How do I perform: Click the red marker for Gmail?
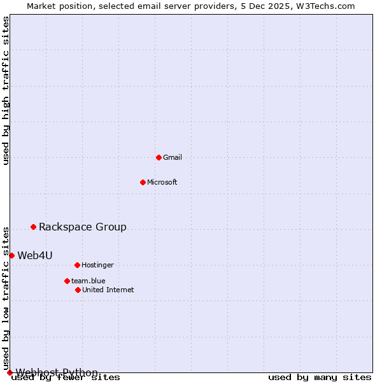click(x=159, y=157)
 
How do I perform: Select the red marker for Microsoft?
click(x=143, y=182)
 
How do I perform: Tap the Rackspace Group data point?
click(x=33, y=227)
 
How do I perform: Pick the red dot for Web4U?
click(x=11, y=255)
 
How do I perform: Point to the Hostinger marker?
click(x=77, y=265)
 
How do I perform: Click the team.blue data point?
click(x=67, y=281)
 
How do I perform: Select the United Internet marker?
click(x=78, y=290)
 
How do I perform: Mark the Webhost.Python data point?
click(x=10, y=372)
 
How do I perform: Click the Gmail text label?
click(x=173, y=157)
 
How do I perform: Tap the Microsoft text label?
click(x=162, y=182)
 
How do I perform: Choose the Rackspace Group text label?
click(x=83, y=227)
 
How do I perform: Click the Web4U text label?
click(x=35, y=255)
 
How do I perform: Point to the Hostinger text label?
click(x=97, y=265)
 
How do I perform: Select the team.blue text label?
click(x=88, y=281)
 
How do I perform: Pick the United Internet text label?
click(x=108, y=290)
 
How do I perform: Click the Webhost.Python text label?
click(x=57, y=372)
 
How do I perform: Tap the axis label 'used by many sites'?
click(x=320, y=377)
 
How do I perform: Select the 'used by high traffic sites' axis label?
click(x=6, y=90)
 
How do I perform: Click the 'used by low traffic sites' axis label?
click(x=6, y=298)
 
